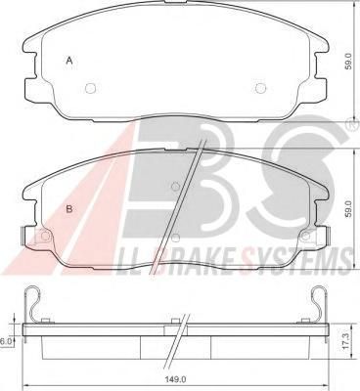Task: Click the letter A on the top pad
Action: tap(69, 61)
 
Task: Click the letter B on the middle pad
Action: tap(69, 209)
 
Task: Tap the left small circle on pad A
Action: tap(90, 88)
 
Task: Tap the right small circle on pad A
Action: tap(260, 88)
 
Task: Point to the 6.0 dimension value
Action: tap(6, 341)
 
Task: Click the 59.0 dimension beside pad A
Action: tap(349, 62)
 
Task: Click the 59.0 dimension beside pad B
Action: tap(349, 208)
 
